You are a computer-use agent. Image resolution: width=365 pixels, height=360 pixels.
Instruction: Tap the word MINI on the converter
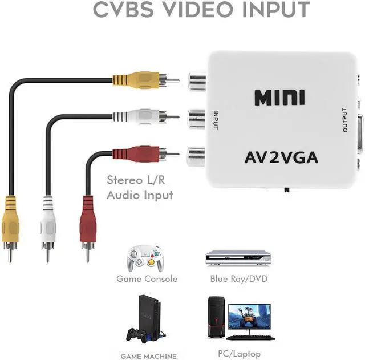(279, 98)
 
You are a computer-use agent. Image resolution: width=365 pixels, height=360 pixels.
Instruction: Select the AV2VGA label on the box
(281, 157)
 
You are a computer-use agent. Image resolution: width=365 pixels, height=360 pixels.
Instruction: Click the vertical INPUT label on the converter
(216, 119)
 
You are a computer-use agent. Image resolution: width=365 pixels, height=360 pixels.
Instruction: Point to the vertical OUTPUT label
(344, 120)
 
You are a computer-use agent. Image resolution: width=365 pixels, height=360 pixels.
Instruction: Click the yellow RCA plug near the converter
(137, 80)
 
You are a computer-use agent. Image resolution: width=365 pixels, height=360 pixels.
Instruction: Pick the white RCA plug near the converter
(137, 117)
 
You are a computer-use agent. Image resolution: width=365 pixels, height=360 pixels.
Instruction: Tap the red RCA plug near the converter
(137, 153)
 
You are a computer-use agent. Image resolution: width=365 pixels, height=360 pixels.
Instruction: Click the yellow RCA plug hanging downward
(10, 220)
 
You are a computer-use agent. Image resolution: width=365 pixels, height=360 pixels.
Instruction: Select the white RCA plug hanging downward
(48, 220)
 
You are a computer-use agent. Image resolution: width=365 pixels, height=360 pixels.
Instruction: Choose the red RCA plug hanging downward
(88, 220)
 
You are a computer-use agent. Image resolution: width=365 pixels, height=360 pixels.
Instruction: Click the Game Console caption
(147, 279)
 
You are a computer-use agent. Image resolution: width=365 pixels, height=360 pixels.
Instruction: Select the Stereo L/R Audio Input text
(140, 188)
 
